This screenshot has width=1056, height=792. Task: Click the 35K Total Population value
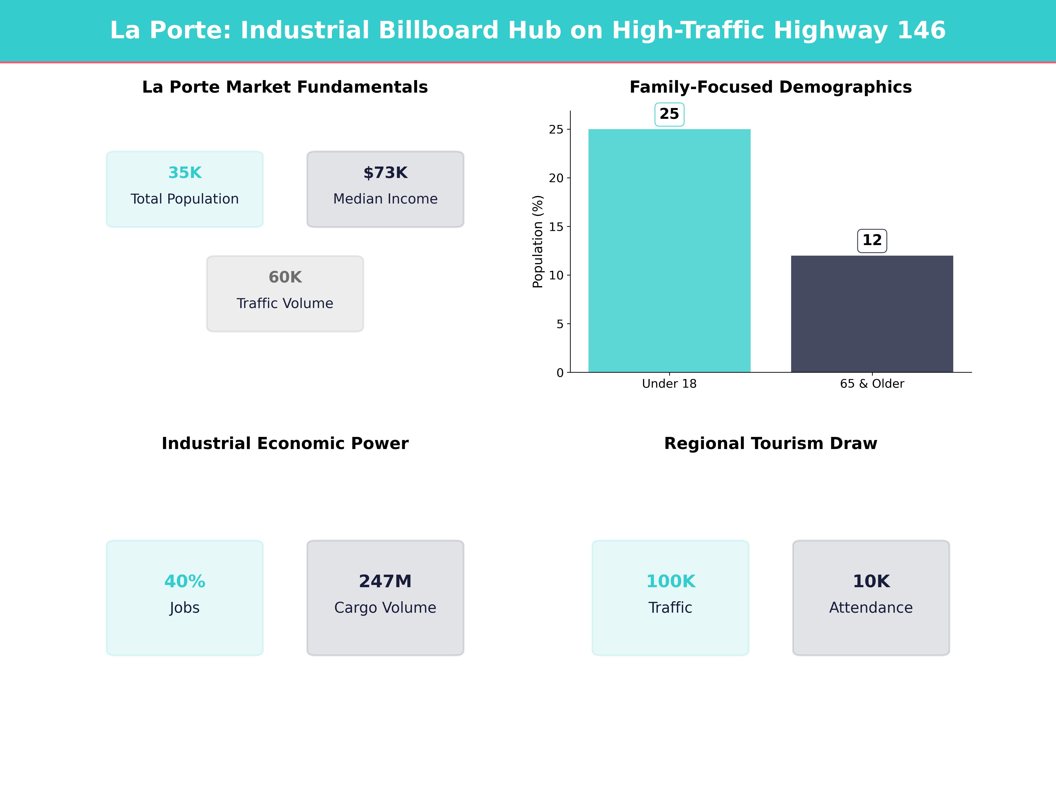click(x=185, y=173)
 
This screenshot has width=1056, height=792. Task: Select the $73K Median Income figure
click(x=385, y=173)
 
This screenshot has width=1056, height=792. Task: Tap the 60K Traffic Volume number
click(x=285, y=277)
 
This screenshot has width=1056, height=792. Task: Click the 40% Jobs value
click(x=185, y=581)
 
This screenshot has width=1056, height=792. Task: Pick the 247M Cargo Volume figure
click(x=385, y=581)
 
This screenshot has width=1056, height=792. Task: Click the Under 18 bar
click(x=669, y=251)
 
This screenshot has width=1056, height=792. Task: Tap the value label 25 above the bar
click(x=669, y=114)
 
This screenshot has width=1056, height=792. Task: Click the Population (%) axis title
click(x=538, y=242)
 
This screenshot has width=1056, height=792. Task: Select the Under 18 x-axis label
click(x=669, y=384)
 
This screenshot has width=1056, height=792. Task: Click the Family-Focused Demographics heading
click(x=770, y=87)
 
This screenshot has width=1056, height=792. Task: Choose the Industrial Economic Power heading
click(x=285, y=444)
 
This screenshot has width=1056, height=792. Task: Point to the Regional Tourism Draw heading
click(x=770, y=444)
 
